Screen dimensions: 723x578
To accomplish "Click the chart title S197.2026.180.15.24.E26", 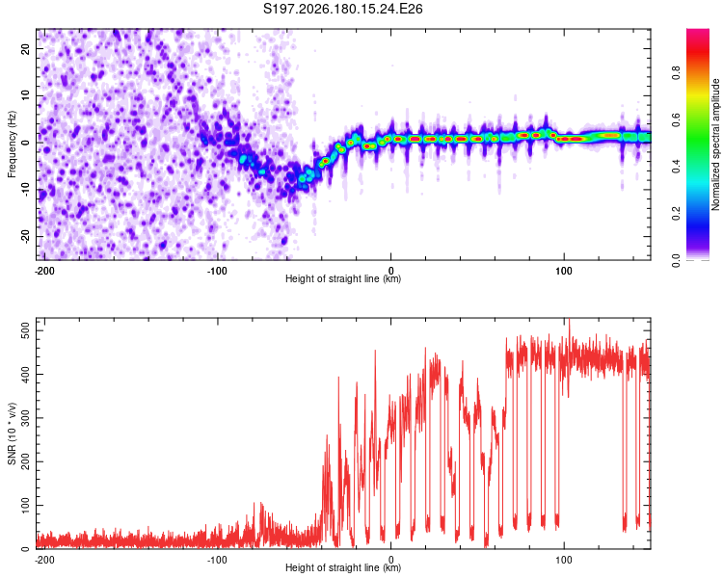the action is (x=342, y=9).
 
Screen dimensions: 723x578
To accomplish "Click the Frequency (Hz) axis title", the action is (x=12, y=144).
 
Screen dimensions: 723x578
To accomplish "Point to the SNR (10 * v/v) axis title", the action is (x=12, y=433).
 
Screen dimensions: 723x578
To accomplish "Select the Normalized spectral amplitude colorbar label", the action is (x=715, y=144).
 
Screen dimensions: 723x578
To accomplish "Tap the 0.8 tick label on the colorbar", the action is (x=676, y=73).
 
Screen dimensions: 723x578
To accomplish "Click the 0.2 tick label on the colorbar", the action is (x=676, y=214).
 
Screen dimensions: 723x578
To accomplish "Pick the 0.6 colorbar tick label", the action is (x=676, y=119).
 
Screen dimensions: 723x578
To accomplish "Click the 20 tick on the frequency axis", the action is (x=26, y=48).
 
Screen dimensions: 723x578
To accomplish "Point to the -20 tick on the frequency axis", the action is (x=26, y=236).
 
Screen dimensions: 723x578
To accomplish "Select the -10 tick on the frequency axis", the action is (x=26, y=190).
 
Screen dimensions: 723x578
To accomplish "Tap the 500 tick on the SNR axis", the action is (x=26, y=330).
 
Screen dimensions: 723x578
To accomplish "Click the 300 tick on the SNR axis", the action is (x=26, y=417).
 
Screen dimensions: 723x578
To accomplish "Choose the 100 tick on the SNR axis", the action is (x=26, y=505).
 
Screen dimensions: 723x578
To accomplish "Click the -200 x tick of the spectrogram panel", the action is (x=44, y=271).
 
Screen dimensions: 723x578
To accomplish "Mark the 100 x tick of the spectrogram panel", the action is (x=564, y=271).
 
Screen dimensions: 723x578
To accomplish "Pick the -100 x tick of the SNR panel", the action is (x=217, y=560).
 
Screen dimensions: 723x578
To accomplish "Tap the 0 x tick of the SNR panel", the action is (x=391, y=560).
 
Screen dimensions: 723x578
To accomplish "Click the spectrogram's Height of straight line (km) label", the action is (x=343, y=278).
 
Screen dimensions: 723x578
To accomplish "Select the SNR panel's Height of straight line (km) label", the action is (x=343, y=567).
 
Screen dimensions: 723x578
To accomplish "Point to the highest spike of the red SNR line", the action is (x=570, y=319).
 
